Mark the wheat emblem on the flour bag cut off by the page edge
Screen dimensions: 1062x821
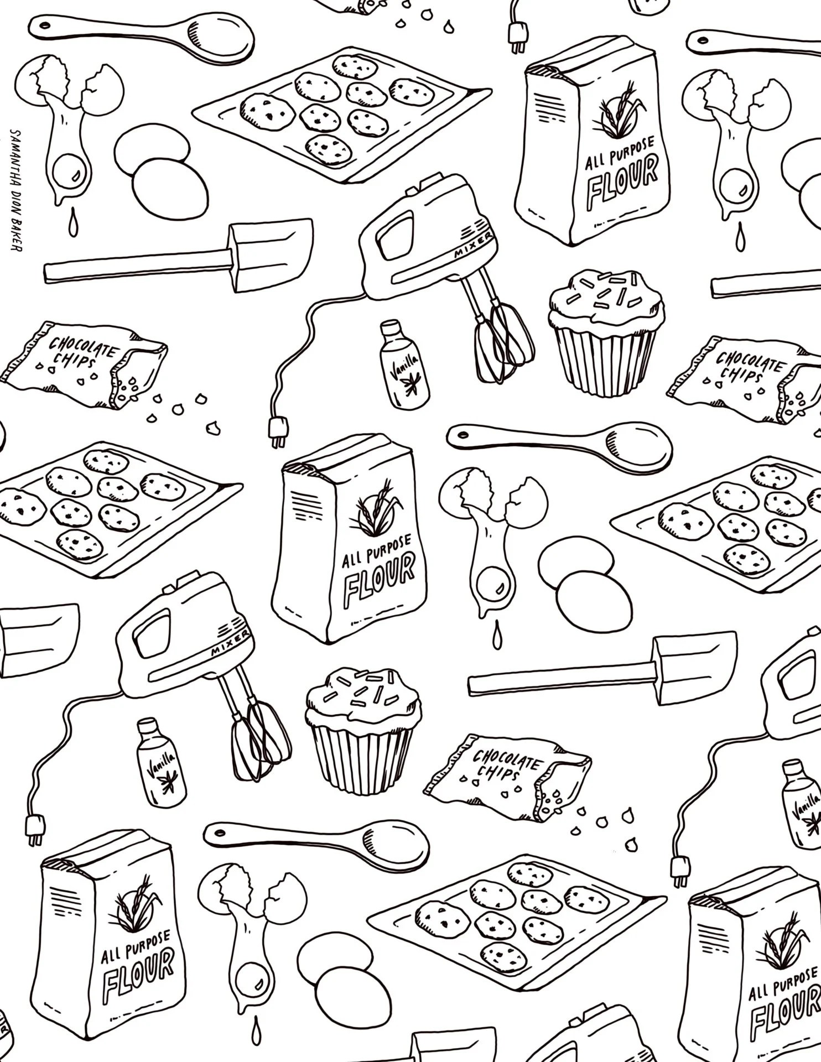[780, 946]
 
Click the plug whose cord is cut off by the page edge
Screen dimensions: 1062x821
[518, 43]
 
